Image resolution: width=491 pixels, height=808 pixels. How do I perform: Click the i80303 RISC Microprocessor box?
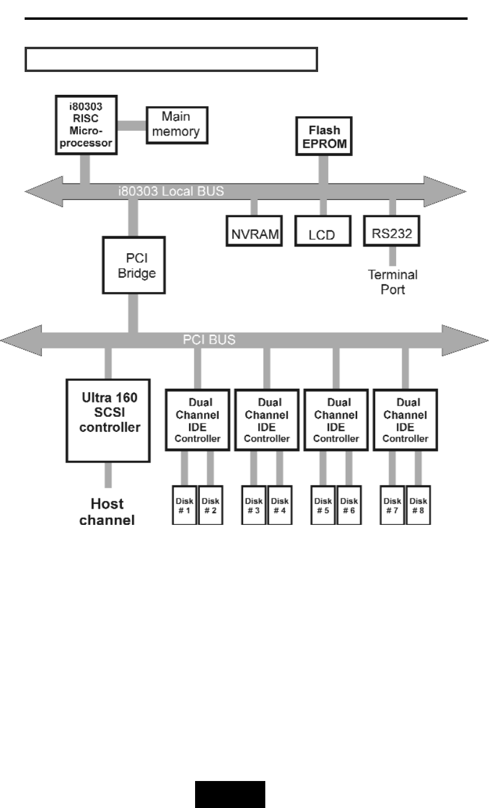point(86,125)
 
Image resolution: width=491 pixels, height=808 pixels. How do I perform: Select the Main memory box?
point(177,125)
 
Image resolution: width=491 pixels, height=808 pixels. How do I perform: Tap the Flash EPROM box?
point(324,136)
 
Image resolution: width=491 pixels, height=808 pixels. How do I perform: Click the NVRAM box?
point(254,231)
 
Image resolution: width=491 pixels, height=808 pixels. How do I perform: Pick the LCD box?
point(323,231)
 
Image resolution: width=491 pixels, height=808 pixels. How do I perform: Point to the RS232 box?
point(392,231)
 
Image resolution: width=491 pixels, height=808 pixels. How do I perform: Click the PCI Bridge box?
point(134,265)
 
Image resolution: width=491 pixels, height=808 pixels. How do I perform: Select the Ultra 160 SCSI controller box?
point(108,420)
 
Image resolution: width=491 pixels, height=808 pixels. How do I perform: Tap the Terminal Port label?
point(393,282)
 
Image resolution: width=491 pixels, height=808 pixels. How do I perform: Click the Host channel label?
point(107,512)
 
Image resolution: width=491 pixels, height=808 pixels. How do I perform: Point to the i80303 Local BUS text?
point(171,191)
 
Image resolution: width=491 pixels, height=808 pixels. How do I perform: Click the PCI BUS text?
point(209,340)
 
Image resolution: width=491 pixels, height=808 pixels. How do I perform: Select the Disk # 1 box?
point(184,505)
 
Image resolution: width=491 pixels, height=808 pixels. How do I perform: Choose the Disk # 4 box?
point(280,505)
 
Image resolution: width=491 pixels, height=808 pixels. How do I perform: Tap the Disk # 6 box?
point(349,505)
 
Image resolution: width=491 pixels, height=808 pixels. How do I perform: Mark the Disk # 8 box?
point(418,505)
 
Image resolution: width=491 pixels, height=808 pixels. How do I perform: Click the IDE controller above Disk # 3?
point(267,420)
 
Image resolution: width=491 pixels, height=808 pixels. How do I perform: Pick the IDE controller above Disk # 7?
point(405,420)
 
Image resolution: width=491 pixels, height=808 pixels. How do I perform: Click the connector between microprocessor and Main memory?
point(132,125)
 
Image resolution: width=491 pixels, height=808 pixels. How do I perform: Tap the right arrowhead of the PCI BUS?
point(465,340)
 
